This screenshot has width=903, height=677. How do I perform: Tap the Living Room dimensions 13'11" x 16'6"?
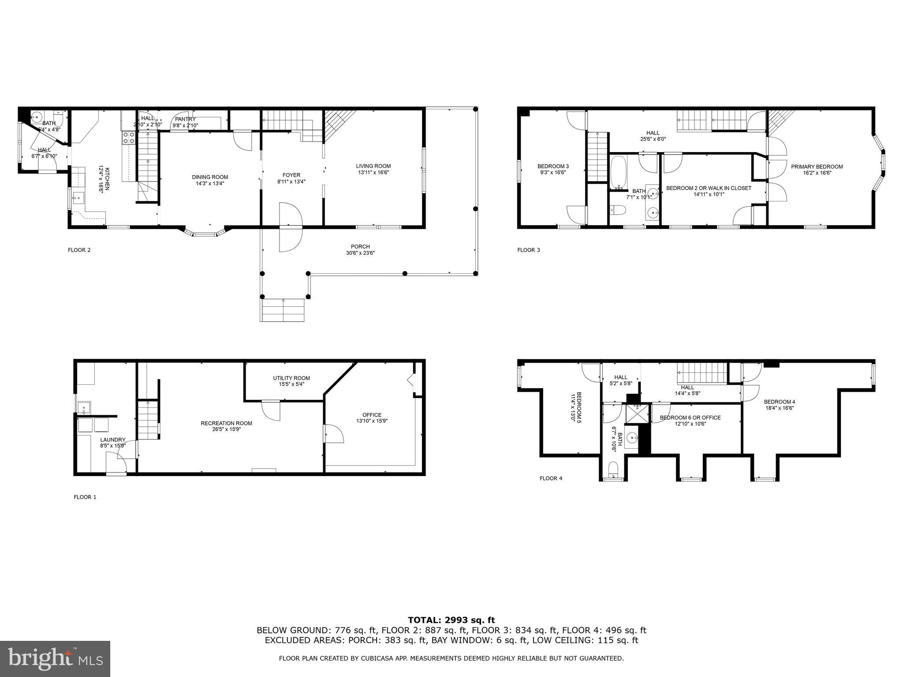[373, 172]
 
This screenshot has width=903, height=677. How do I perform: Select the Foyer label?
[291, 175]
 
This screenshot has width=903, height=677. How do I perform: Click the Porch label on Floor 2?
[360, 246]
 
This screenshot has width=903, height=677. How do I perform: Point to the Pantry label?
[185, 119]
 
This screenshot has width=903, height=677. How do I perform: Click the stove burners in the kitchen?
[129, 138]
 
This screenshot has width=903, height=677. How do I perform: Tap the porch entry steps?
[283, 310]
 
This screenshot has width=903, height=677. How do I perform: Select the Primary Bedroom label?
[817, 167]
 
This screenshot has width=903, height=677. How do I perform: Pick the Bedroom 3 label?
[553, 166]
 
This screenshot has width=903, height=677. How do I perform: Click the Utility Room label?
[291, 378]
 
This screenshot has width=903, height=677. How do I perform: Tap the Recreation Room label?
[226, 423]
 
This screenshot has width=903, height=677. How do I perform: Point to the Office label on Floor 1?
[372, 415]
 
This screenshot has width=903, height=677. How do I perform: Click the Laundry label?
[113, 439]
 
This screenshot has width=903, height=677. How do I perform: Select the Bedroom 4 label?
[780, 402]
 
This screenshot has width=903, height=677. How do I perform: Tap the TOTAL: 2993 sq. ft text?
[451, 620]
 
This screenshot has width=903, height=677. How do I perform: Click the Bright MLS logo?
[55, 659]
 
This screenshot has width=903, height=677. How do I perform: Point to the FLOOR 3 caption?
[528, 250]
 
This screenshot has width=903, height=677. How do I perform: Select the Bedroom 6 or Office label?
[690, 417]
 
